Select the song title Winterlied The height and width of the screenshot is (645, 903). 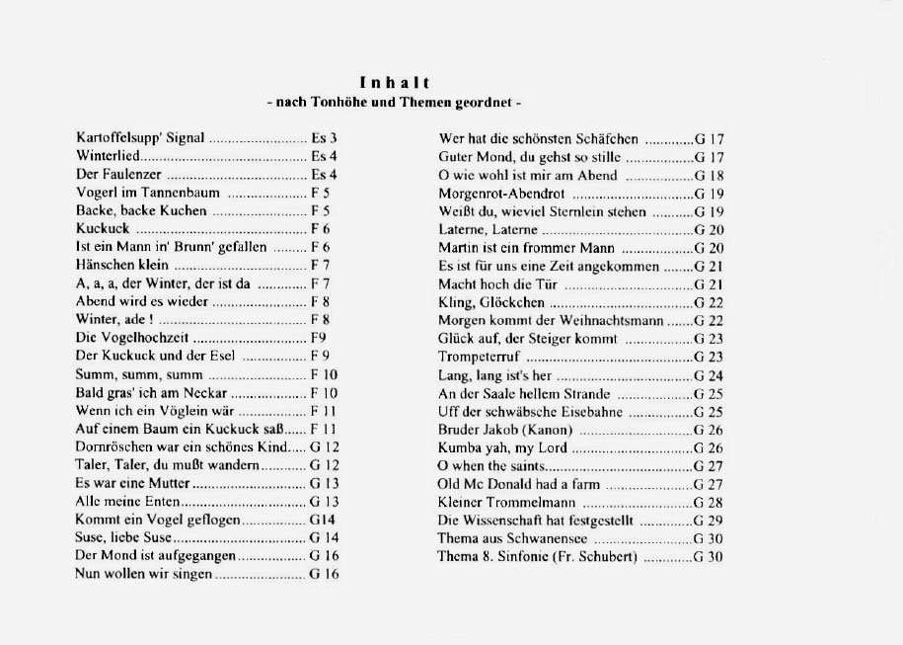click(x=110, y=156)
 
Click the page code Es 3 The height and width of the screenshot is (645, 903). click(x=324, y=138)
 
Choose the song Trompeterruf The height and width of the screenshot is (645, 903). click(x=479, y=357)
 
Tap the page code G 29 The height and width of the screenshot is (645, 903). click(x=709, y=521)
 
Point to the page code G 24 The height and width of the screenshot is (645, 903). click(x=709, y=375)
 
